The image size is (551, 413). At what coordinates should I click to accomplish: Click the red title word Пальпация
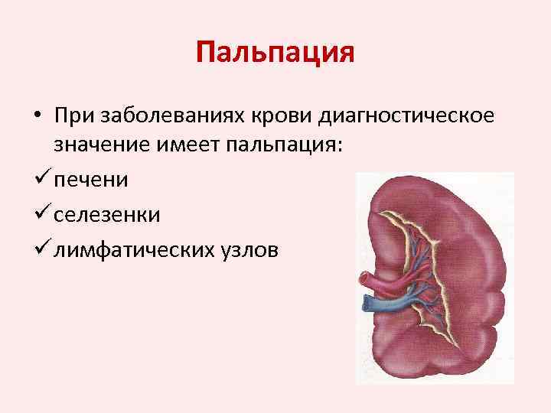275,54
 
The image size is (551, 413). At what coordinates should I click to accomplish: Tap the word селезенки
106,215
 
